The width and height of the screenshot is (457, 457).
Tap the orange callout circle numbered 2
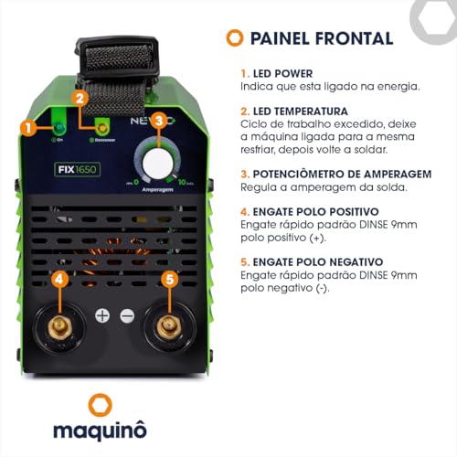tap(80, 98)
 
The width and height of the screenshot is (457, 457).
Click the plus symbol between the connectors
tap(102, 315)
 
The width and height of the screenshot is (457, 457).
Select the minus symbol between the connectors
tap(126, 315)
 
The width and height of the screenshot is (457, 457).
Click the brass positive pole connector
tap(58, 327)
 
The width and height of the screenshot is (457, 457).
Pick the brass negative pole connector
tap(168, 327)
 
